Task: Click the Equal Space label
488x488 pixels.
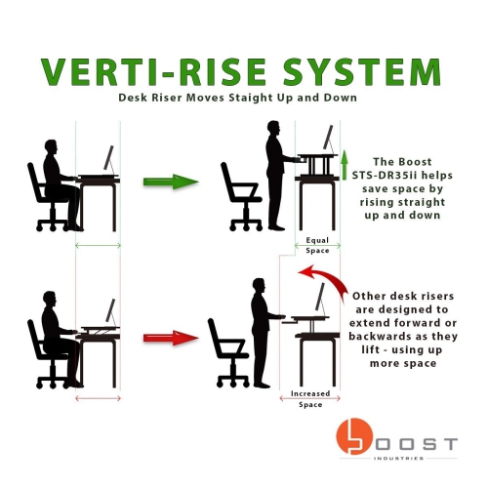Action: point(318,244)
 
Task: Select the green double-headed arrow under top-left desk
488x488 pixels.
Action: point(98,244)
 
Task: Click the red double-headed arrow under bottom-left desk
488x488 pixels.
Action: point(98,397)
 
